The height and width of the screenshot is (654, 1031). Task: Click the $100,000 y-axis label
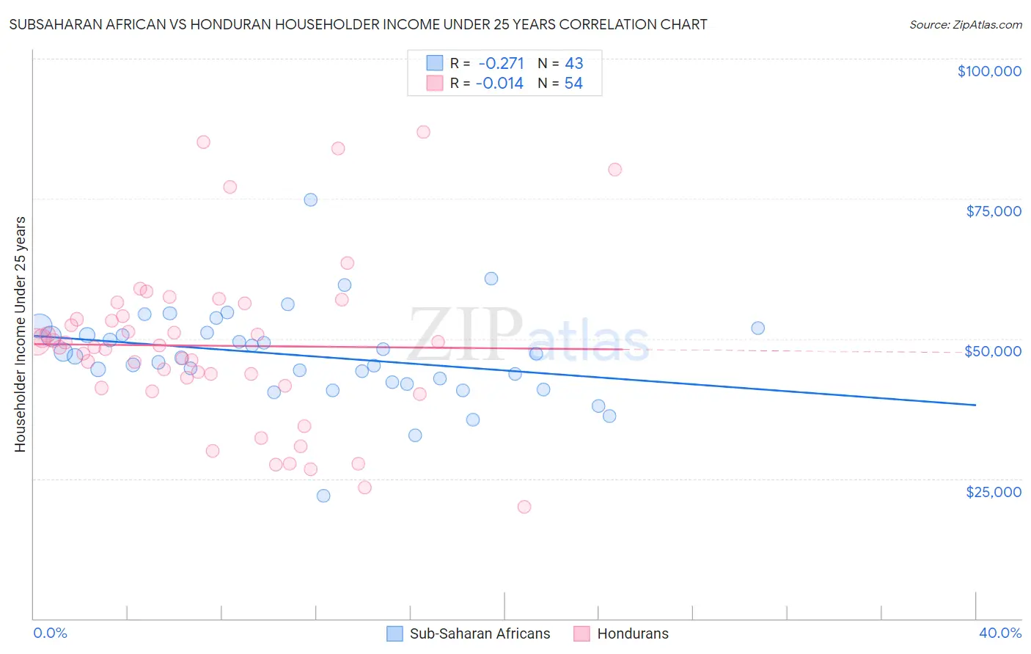989,71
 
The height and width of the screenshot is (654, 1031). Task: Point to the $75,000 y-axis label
994,211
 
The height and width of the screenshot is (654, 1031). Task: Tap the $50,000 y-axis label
993,351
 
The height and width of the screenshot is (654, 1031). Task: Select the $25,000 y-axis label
994,491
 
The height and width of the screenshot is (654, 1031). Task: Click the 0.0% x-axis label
51,633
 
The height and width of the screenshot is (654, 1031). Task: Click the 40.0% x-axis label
1000,633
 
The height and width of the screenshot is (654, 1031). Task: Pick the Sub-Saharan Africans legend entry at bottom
469,633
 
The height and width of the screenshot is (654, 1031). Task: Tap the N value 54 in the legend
573,84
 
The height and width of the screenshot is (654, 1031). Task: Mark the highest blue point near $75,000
311,199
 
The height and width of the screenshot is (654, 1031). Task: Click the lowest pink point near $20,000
524,507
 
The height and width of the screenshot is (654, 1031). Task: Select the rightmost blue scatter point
758,328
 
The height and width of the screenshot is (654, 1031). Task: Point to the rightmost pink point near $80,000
615,169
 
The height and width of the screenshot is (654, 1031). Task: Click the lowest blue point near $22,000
323,496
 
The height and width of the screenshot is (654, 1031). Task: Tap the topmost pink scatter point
423,132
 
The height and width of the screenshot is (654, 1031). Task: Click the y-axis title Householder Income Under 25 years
20,334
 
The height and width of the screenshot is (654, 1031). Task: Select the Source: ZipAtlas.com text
965,25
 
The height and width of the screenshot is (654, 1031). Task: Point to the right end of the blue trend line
975,405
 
